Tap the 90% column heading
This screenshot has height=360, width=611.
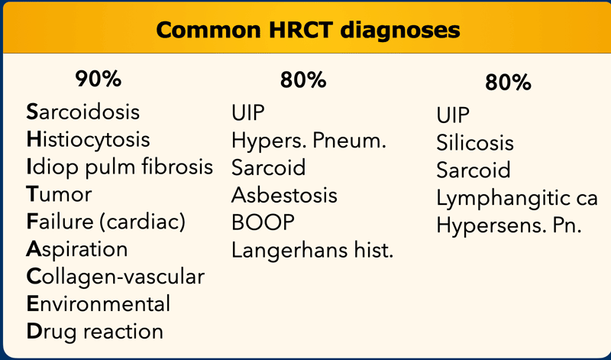99,79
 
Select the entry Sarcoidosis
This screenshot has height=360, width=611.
83,112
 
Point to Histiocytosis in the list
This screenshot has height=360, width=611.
88,140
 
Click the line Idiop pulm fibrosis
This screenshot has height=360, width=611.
120,167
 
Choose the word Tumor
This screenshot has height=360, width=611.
59,194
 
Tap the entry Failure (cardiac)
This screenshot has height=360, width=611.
106,222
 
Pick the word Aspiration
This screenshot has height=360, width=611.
77,250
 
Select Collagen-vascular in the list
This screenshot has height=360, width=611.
115,277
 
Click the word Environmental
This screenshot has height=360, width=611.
99,304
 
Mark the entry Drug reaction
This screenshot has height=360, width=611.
95,332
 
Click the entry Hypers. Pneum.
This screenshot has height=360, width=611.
309,141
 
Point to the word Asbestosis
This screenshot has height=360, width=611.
284,195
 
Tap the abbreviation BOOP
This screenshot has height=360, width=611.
263,222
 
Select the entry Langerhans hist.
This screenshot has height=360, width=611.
312,251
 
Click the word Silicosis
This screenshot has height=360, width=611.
475,143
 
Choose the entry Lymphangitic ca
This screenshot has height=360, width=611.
517,198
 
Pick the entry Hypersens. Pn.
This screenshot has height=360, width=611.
509,225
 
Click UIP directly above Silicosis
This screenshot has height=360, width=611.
453,115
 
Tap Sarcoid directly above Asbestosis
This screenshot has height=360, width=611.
269,167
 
